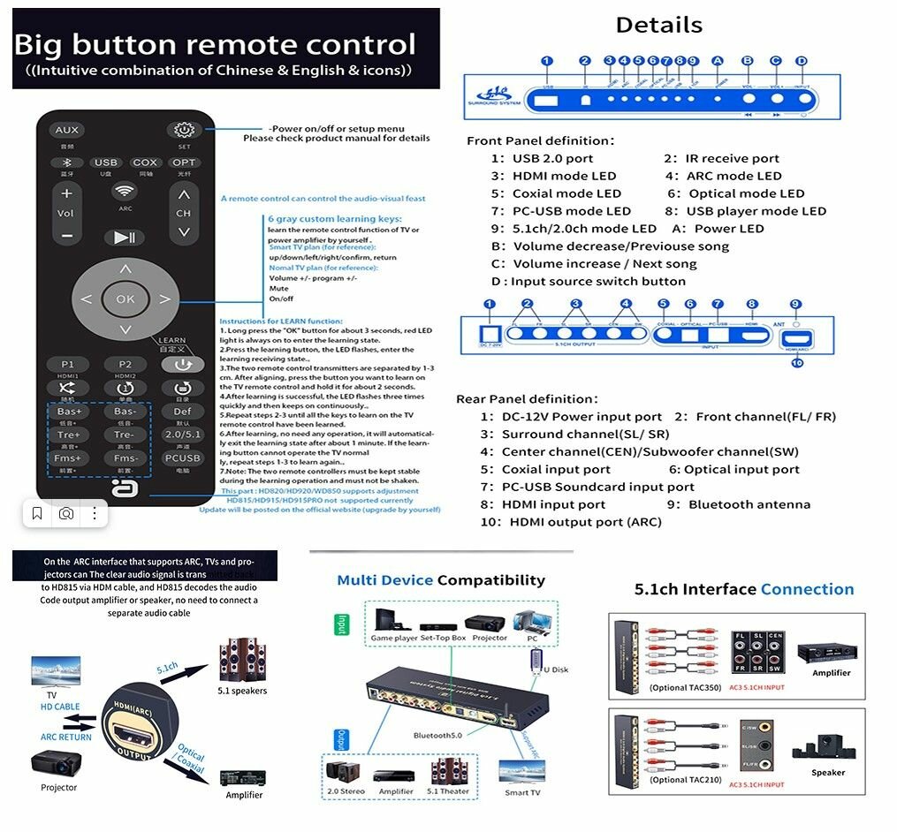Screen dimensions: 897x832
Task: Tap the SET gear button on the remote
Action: coord(184,130)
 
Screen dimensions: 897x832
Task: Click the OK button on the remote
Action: coord(125,299)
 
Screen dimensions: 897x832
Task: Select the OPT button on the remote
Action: coord(184,163)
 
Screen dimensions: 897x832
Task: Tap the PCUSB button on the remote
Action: coord(182,458)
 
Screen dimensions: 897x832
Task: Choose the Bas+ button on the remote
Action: coord(69,412)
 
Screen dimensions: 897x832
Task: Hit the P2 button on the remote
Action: coord(125,364)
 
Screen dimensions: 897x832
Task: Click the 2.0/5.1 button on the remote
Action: coord(182,435)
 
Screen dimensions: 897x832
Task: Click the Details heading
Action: coord(658,25)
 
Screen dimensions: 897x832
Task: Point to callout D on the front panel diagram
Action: coord(802,61)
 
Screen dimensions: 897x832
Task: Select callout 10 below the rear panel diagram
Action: coord(797,361)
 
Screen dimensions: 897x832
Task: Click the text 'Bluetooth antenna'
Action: coord(749,504)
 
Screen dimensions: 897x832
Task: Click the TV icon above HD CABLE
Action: coord(55,670)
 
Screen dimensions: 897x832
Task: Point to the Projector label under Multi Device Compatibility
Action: coord(490,638)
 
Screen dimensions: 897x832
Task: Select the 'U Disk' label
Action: coord(553,670)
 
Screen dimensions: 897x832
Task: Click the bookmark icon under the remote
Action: coord(37,513)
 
